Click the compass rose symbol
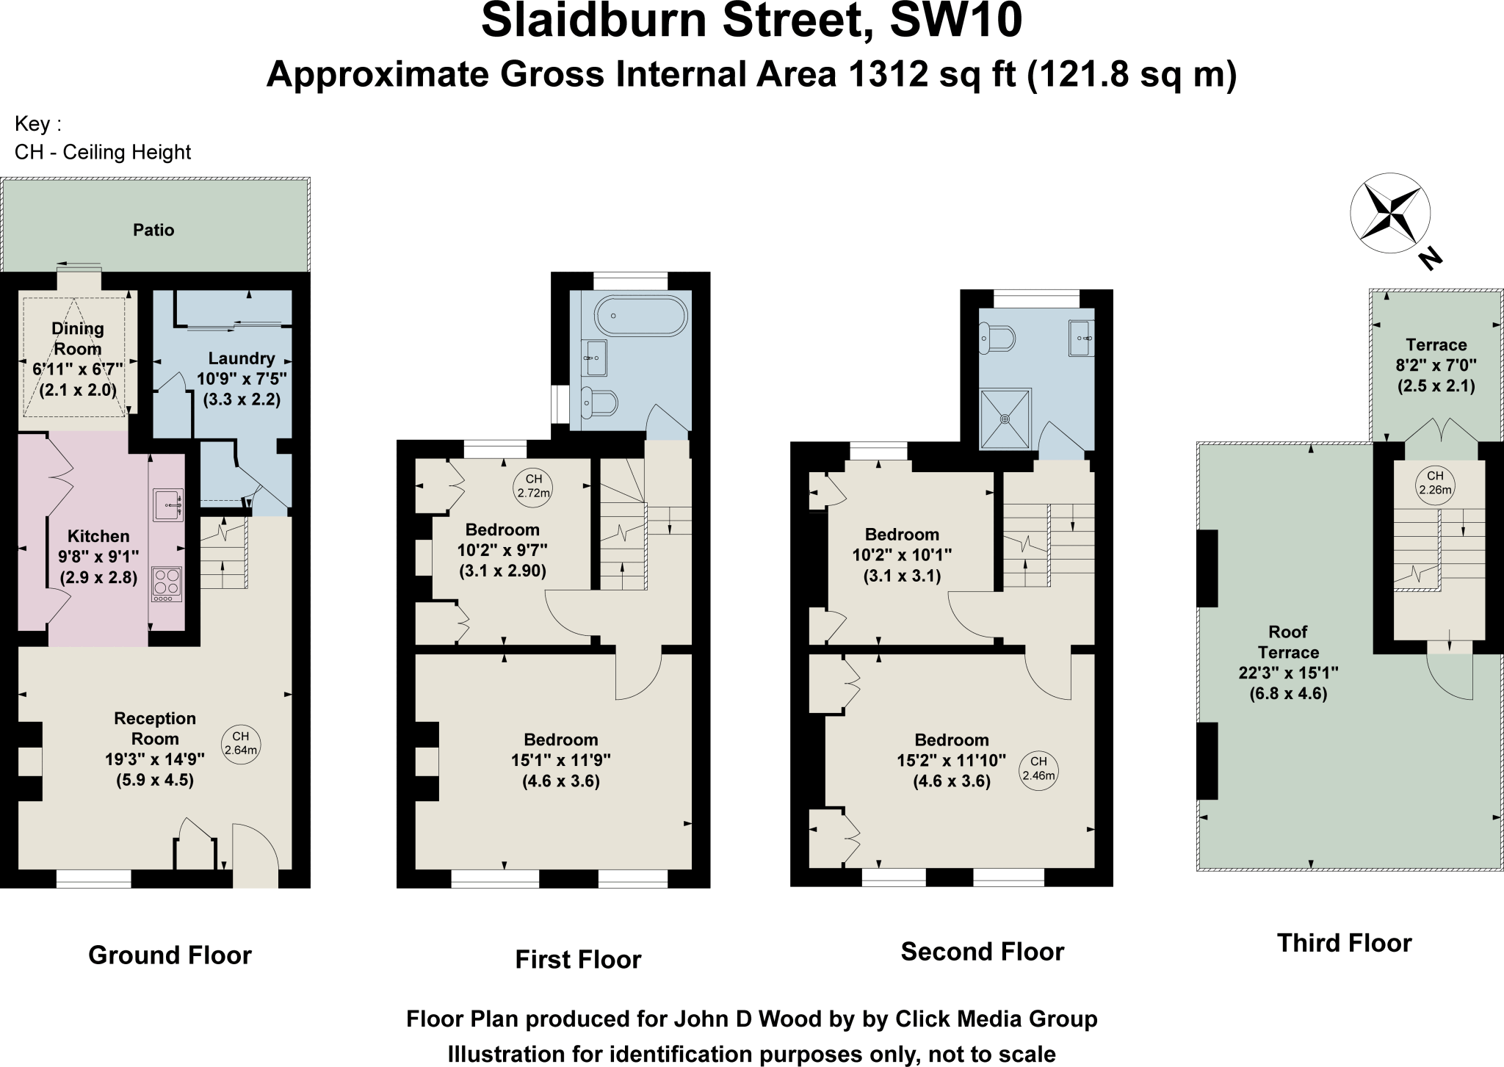(x=1389, y=214)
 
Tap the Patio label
(x=153, y=230)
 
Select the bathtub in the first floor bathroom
(x=640, y=316)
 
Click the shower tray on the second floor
(x=1005, y=418)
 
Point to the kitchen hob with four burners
(x=167, y=584)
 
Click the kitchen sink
(x=168, y=504)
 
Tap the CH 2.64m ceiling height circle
(x=240, y=743)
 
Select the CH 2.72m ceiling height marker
(x=533, y=486)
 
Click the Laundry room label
(x=242, y=358)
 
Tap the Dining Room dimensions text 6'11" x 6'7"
(x=78, y=369)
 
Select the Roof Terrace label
(x=1288, y=642)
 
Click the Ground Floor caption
(x=170, y=955)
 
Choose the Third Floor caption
(x=1344, y=943)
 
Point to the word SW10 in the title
(x=955, y=21)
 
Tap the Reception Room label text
(x=155, y=728)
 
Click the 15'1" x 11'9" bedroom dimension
(x=561, y=760)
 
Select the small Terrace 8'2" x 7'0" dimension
(x=1436, y=365)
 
